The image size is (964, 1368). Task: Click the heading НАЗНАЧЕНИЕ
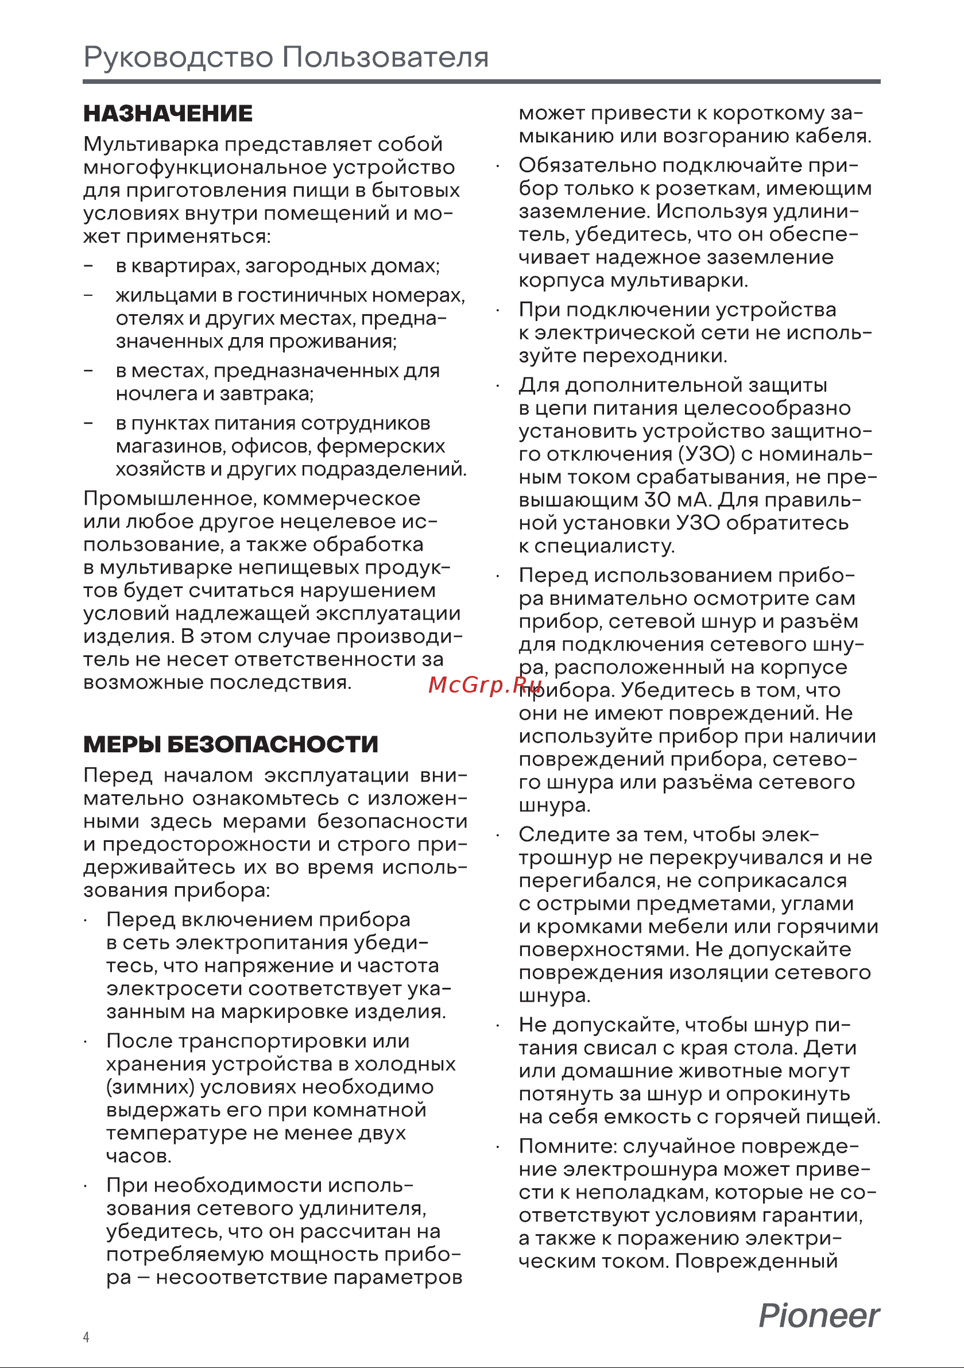168,113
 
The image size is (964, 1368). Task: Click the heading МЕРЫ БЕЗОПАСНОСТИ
231,744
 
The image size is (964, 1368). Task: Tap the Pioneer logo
819,1316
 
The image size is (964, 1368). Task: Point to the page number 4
86,1337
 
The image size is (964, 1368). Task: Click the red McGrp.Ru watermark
485,685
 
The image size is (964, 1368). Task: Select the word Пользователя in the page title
385,57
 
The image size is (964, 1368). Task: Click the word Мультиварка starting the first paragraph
151,144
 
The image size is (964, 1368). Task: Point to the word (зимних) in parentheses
150,1087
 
